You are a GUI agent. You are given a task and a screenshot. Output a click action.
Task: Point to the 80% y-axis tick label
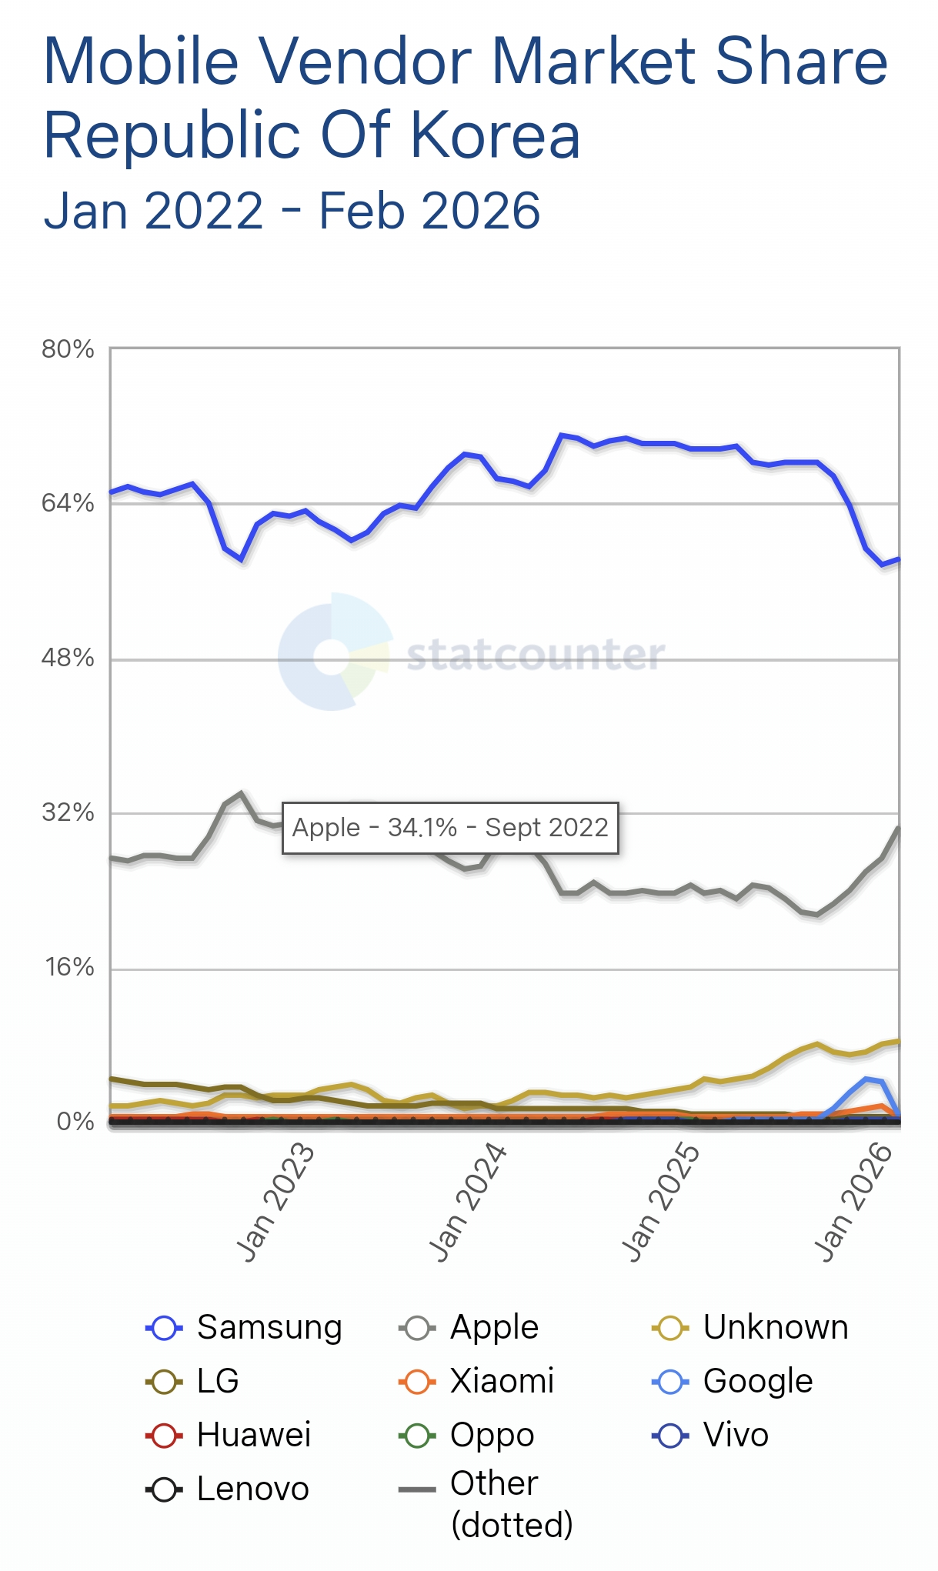click(68, 349)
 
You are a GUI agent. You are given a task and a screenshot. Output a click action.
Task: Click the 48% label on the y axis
click(68, 659)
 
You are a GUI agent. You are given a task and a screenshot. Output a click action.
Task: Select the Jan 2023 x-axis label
click(275, 1202)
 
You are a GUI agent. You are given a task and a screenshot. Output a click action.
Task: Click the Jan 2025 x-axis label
click(660, 1202)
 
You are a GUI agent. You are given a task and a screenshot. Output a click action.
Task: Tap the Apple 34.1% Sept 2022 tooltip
click(450, 828)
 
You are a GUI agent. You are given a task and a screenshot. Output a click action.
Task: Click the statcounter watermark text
click(536, 655)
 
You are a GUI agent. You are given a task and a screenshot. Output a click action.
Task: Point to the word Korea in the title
click(495, 136)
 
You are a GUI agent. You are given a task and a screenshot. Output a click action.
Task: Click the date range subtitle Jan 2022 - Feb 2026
click(292, 211)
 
